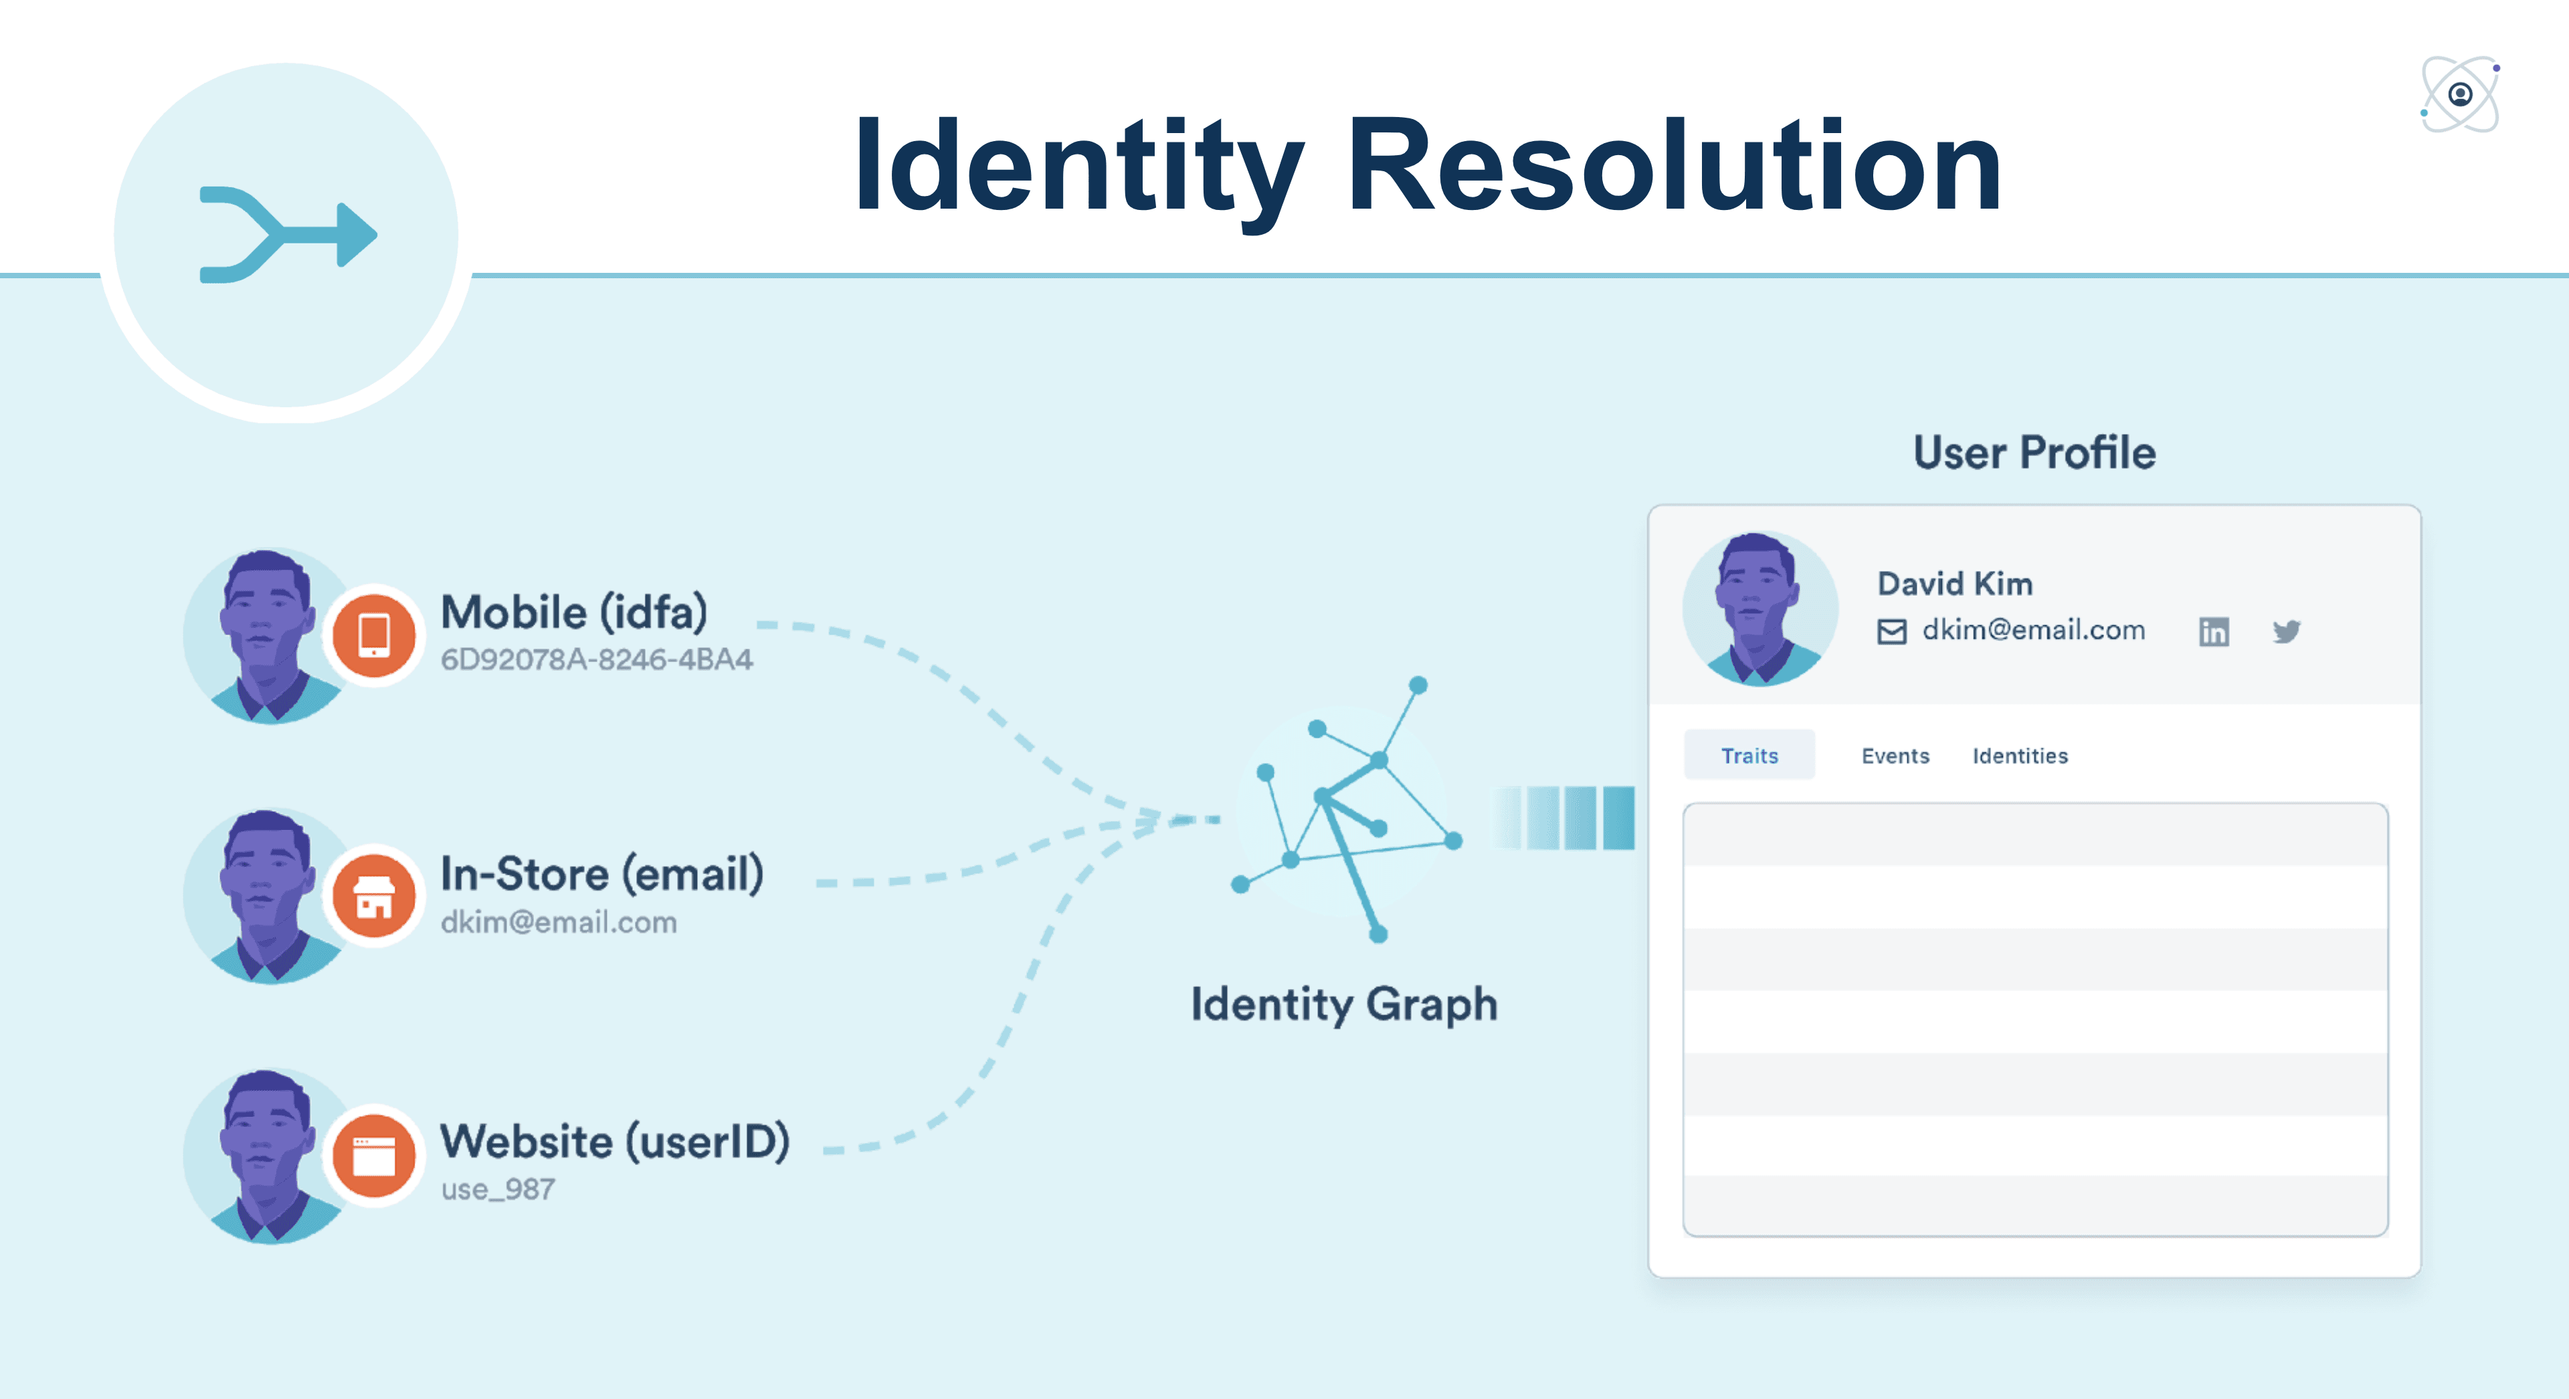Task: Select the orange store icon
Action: coord(374,895)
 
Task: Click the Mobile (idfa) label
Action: coord(575,613)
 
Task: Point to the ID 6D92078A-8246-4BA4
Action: coord(596,659)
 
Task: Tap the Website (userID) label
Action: coord(614,1141)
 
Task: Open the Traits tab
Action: coord(1749,755)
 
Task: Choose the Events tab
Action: coord(1895,756)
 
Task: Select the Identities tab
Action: coord(2020,756)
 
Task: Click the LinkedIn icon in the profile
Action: coord(2213,631)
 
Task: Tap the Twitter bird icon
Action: coord(2286,631)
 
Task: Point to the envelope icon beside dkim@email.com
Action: coord(1892,631)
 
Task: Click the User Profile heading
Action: coord(2034,453)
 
